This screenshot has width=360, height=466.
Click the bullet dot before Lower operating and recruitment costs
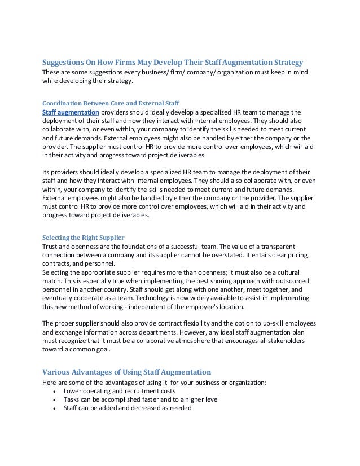pos(54,392)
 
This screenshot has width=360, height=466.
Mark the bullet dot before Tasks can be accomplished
pos(54,400)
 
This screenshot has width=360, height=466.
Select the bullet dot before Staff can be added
pos(54,409)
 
